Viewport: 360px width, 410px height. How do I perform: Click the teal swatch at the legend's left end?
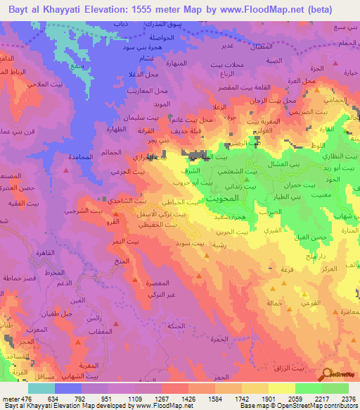tap(41, 388)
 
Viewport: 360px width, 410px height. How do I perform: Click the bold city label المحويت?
tap(226, 200)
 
